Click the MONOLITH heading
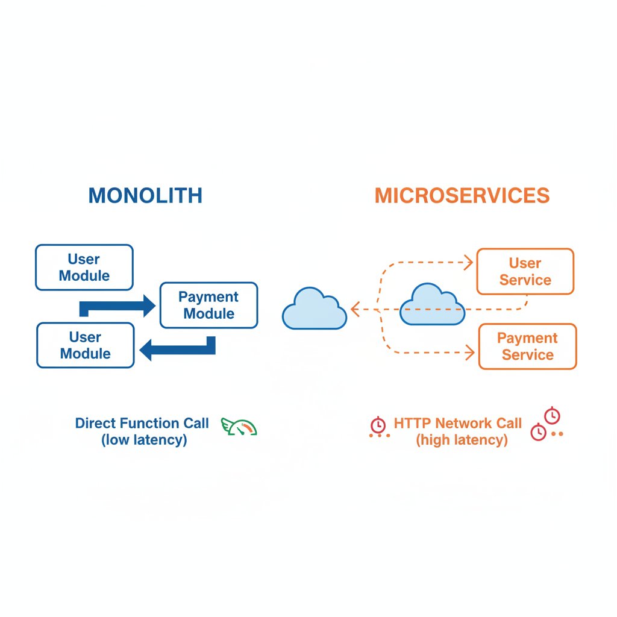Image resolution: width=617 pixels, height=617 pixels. pos(145,196)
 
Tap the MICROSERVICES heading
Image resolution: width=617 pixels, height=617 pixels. pos(462,196)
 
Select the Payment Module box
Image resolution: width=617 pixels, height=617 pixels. pos(208,305)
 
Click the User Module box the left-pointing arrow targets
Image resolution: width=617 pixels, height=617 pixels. pos(85,345)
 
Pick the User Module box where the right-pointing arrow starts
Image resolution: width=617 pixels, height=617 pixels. pos(84,268)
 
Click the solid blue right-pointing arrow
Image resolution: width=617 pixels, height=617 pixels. pos(118,307)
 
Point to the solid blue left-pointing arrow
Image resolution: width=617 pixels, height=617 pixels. pos(177,348)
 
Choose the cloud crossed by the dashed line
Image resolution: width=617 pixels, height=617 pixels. pos(432,305)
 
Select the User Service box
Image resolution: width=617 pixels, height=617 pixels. pos(525,272)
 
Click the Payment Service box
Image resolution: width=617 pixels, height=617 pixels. pos(527,346)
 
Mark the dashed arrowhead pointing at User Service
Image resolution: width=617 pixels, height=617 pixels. pos(469,262)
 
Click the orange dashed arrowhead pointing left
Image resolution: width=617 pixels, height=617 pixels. pos(355,310)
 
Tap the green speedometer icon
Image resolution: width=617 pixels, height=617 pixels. pos(240,427)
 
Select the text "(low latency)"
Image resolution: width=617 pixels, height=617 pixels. pos(144,440)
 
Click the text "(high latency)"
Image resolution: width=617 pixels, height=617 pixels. pos(462,440)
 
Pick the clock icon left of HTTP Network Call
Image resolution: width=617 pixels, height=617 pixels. pos(378,425)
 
